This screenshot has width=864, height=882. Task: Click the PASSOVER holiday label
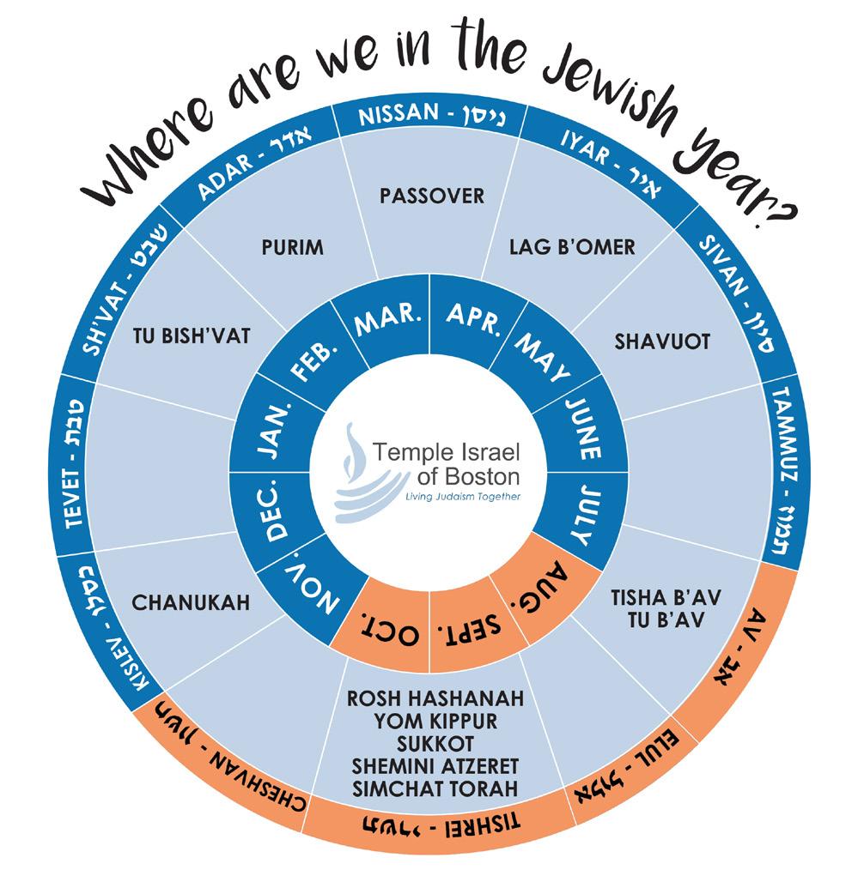tap(432, 196)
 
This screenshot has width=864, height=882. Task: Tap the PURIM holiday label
tap(292, 248)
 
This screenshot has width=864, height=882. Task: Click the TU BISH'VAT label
tap(192, 335)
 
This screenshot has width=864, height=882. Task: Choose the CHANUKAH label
tap(191, 602)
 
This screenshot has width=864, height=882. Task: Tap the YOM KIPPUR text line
tap(435, 720)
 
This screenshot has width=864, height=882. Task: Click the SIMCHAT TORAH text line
tap(435, 788)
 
